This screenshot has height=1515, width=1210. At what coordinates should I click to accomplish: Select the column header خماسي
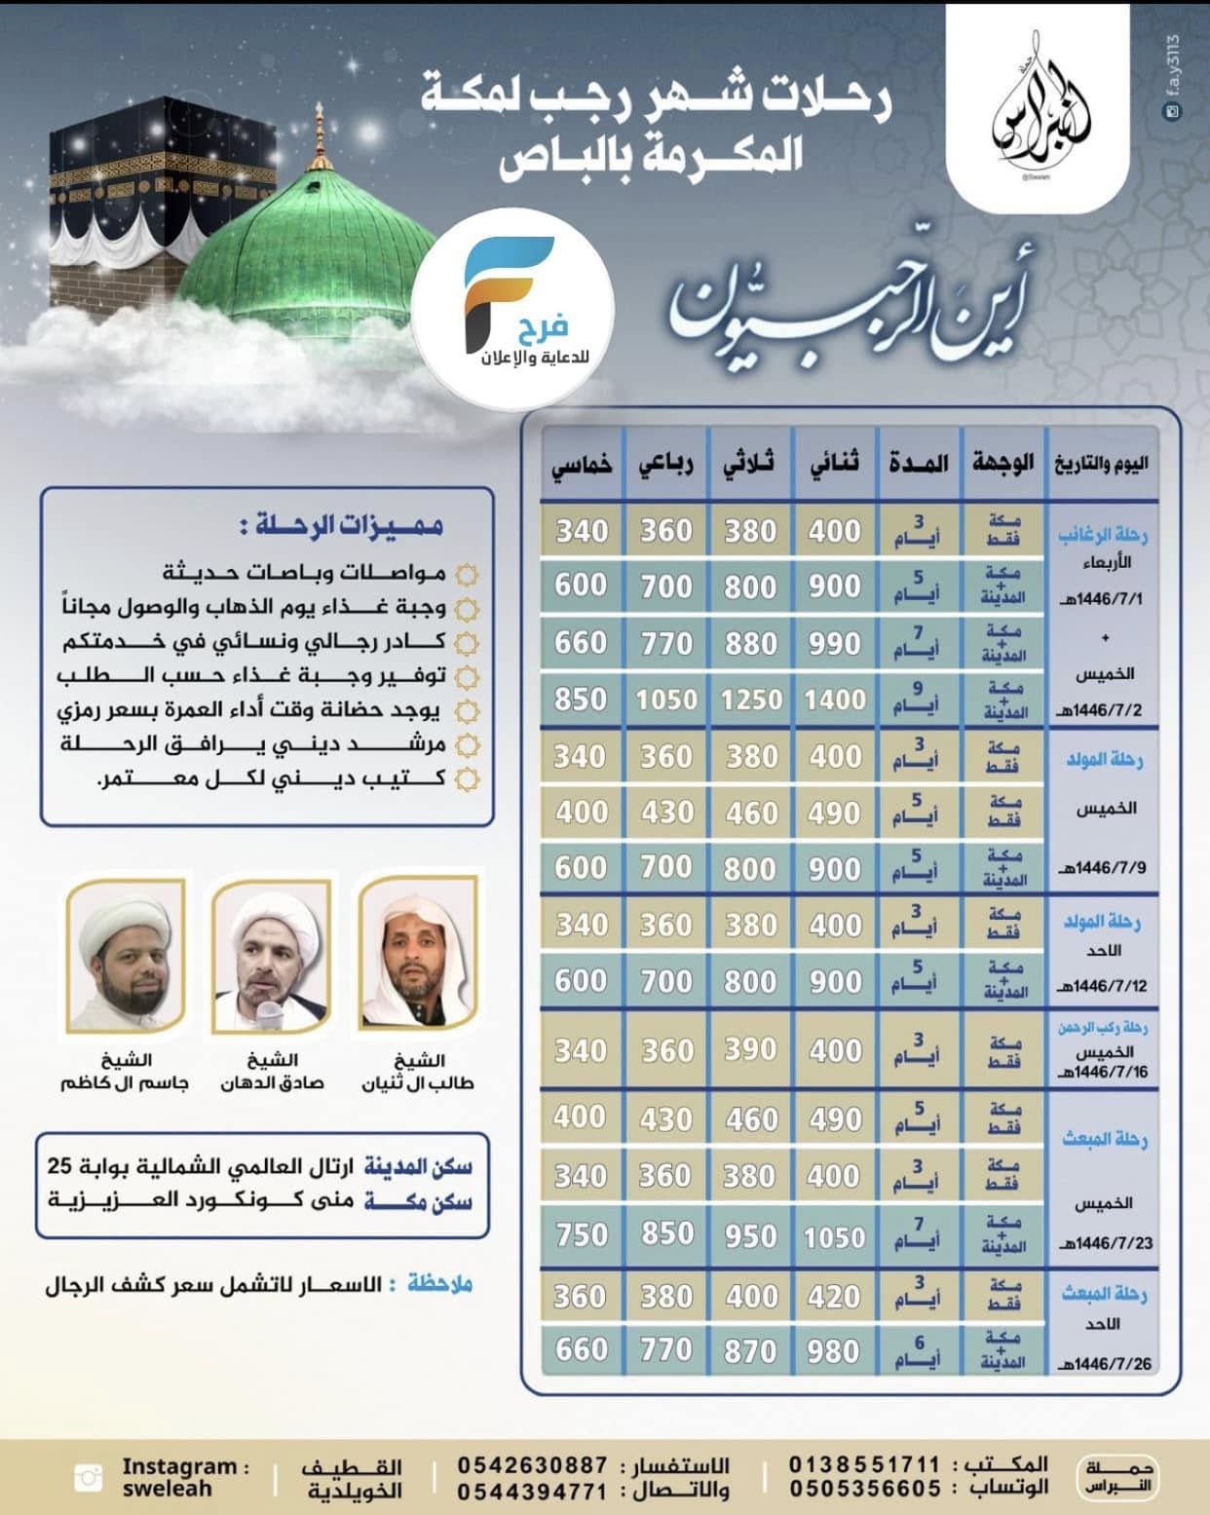point(582,464)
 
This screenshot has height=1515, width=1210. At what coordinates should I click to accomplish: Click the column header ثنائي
point(835,464)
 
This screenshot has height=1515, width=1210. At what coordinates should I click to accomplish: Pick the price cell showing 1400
point(835,700)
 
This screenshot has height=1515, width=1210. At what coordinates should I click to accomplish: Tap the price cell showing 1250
point(751,700)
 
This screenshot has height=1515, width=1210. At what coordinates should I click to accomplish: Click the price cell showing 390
point(750,1050)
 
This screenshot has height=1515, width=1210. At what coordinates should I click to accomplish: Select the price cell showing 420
point(835,1297)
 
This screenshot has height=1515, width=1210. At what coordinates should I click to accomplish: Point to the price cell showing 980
point(835,1350)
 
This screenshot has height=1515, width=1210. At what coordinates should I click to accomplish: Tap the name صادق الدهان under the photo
point(272,1083)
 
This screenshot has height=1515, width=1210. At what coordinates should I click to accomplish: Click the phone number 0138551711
point(865,1464)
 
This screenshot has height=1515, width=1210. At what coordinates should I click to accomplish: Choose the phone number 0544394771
point(533,1491)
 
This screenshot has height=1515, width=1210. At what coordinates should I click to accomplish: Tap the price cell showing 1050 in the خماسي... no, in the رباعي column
point(666,700)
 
